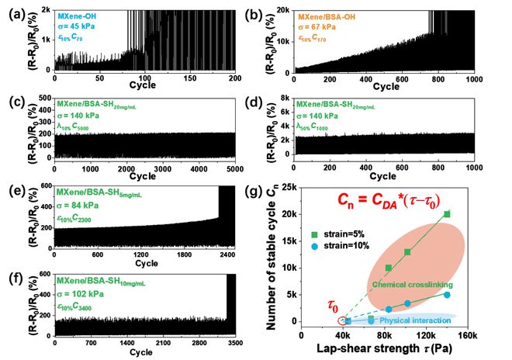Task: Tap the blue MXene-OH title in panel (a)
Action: tap(80, 15)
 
